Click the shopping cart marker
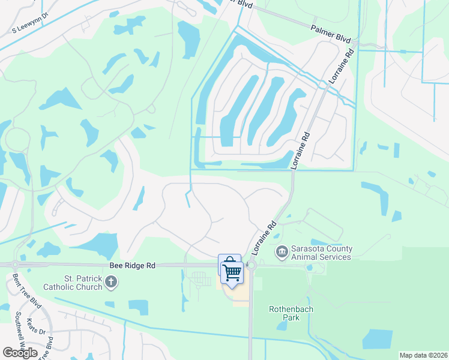point(232,273)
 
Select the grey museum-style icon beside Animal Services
point(281,250)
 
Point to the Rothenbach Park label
point(291,313)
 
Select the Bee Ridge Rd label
point(132,265)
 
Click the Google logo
point(20,352)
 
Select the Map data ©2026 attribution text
point(423,355)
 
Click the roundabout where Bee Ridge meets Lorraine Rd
point(251,265)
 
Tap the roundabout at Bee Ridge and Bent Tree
point(16,265)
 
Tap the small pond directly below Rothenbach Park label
point(282,326)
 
